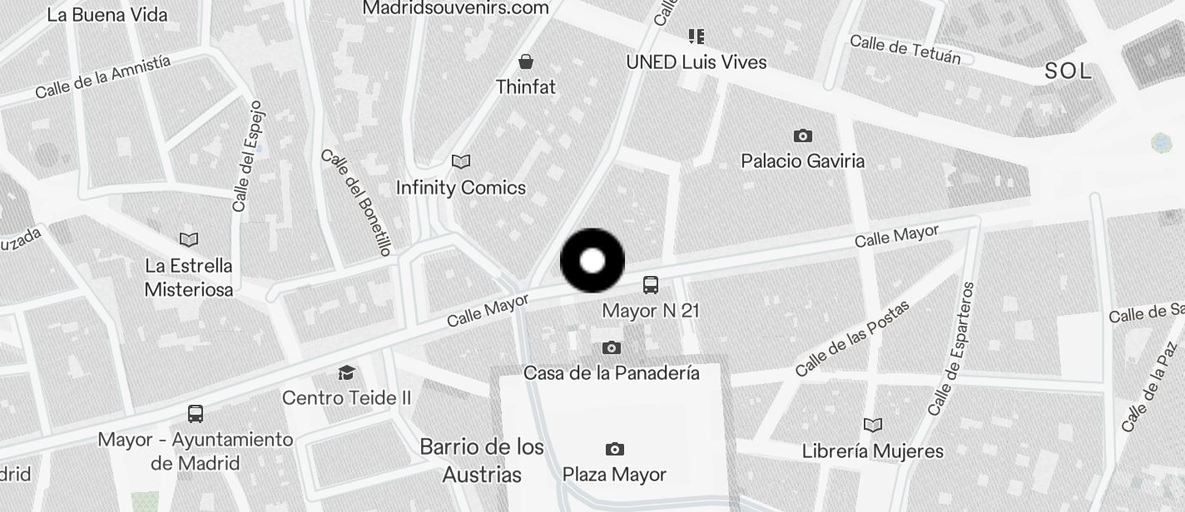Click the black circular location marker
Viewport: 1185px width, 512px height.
point(592,261)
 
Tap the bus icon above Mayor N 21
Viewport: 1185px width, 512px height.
point(651,285)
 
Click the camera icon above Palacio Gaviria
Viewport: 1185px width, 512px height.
point(802,135)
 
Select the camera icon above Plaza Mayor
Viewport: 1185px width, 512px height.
point(614,450)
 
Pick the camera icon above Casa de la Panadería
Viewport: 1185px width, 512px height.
point(612,348)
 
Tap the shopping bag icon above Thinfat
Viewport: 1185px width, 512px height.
point(526,62)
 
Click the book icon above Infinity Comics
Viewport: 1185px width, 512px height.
point(460,161)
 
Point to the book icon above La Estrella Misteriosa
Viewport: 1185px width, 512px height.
point(189,240)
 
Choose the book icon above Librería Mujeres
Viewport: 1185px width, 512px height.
point(872,426)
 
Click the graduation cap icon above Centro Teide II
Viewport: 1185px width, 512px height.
point(346,372)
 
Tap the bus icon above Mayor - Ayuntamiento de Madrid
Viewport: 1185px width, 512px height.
point(196,414)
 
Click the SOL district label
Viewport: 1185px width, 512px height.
point(1068,71)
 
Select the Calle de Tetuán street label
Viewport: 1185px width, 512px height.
point(905,49)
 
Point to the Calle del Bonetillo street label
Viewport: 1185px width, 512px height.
point(356,202)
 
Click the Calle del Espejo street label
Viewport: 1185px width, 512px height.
point(248,156)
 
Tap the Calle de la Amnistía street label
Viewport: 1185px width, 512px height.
point(103,76)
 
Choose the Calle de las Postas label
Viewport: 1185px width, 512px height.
point(851,338)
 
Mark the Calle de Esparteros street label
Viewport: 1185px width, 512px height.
point(951,349)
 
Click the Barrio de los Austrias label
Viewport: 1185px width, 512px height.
point(482,460)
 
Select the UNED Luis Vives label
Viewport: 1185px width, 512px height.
point(697,62)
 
